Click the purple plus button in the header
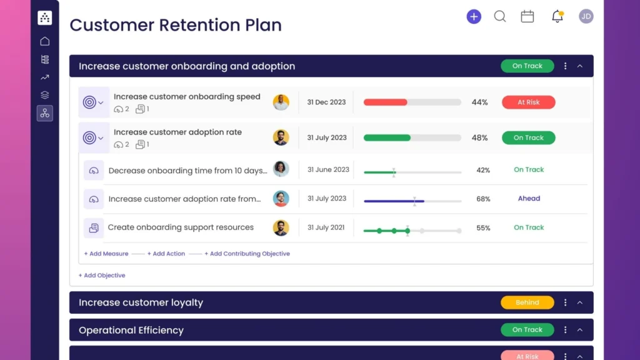[474, 17]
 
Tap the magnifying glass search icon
[500, 17]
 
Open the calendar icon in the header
[527, 17]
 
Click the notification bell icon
[557, 17]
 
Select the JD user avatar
[586, 17]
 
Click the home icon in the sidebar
[44, 41]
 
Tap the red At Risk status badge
[528, 102]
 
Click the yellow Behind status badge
[527, 302]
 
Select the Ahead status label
[529, 199]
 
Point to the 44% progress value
[479, 102]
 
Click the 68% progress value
[483, 199]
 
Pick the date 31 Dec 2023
[326, 102]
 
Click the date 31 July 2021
[326, 227]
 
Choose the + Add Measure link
[106, 254]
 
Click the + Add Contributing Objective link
[247, 254]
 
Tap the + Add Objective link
[102, 276]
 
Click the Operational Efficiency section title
[131, 330]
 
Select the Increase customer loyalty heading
[141, 302]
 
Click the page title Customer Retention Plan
[176, 25]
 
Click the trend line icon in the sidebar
[44, 77]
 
